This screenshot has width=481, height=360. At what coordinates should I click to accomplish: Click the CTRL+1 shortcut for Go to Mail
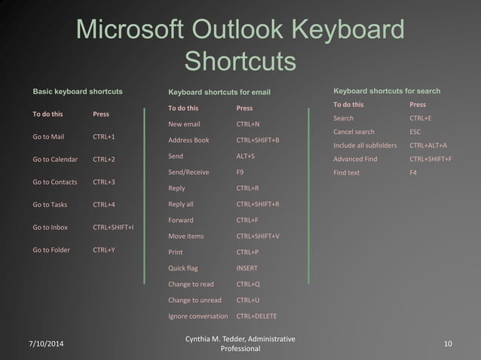click(103, 137)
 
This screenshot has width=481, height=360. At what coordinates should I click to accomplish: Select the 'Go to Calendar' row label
click(55, 160)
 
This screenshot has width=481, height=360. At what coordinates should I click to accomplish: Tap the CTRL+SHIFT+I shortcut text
click(113, 227)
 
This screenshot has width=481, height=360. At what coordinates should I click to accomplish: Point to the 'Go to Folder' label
click(51, 250)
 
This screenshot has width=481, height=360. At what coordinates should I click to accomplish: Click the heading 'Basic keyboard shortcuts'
click(78, 92)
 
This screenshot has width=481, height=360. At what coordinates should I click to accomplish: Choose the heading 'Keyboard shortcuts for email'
click(219, 93)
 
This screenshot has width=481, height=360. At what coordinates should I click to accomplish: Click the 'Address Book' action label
click(188, 140)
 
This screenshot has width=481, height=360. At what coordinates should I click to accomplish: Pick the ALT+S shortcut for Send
click(245, 156)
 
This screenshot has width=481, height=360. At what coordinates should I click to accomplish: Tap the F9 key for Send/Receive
click(240, 172)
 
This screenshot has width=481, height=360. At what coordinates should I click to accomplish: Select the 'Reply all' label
click(181, 204)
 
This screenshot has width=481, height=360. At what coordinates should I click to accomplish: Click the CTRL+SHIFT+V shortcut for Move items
click(258, 236)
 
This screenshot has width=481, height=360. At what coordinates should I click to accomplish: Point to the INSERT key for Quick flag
click(247, 268)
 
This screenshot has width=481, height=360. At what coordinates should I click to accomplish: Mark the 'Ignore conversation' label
click(198, 316)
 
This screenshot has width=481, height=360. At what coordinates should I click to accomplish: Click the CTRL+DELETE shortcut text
click(256, 316)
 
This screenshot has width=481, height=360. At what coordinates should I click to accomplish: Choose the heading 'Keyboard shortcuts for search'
click(387, 91)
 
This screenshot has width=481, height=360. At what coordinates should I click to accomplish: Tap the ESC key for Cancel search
click(415, 132)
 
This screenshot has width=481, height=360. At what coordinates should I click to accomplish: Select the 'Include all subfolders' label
click(365, 145)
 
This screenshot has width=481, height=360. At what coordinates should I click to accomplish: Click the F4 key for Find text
click(413, 172)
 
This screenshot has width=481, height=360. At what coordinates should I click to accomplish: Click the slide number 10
click(448, 344)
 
